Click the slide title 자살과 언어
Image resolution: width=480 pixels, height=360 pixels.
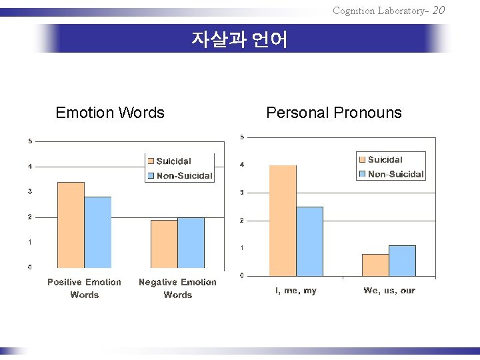click(239, 40)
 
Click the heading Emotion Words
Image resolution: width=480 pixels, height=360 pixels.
click(110, 113)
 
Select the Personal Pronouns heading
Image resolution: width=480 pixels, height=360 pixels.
click(333, 113)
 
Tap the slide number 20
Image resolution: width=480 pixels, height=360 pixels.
click(438, 9)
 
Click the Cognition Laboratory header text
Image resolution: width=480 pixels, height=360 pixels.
click(380, 10)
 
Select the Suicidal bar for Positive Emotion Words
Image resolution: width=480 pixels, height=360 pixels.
click(71, 225)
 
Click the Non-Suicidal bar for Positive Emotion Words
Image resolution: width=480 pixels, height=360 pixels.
click(98, 233)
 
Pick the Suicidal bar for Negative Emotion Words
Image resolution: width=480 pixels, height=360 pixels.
click(164, 244)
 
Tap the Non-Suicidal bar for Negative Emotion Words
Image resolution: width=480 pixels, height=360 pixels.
click(191, 243)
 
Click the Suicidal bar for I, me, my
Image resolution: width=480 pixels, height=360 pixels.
click(283, 221)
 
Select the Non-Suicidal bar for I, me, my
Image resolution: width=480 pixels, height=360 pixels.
click(309, 241)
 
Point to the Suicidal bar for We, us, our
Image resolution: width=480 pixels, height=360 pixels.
click(375, 265)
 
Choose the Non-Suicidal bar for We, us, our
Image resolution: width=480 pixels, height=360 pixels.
click(402, 261)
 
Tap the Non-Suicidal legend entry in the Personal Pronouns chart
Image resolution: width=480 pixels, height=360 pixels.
click(395, 174)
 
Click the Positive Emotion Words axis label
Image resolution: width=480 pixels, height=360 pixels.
click(85, 289)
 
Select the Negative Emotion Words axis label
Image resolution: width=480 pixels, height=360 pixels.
click(177, 289)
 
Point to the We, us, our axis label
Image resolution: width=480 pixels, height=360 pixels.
click(389, 291)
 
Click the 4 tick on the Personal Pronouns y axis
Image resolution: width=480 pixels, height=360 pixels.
click(242, 165)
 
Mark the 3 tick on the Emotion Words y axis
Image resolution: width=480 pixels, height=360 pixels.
click(29, 191)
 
